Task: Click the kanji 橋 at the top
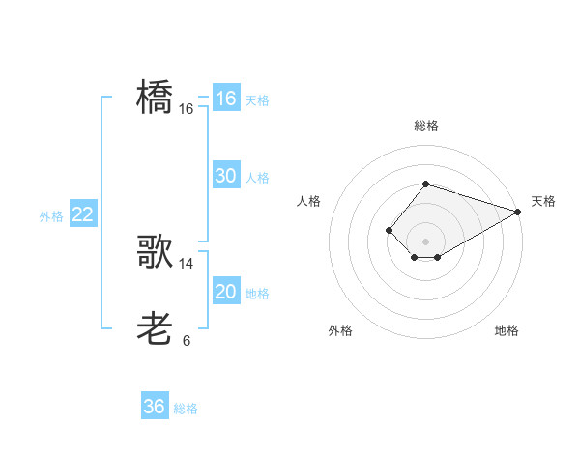[156, 98]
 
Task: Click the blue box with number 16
[226, 99]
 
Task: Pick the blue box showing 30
[226, 176]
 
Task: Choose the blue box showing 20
[226, 292]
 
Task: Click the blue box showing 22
[83, 214]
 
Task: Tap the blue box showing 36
[155, 407]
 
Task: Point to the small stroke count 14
[187, 264]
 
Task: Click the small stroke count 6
[187, 341]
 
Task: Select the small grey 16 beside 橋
[187, 109]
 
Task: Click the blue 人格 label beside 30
[257, 178]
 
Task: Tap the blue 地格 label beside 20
[257, 294]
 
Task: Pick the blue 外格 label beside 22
[51, 216]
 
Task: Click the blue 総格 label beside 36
[186, 409]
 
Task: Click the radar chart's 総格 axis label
[425, 126]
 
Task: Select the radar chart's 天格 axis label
[543, 201]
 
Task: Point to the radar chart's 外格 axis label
[340, 330]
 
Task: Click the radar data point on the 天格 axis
[518, 212]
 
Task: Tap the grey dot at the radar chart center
[425, 241]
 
